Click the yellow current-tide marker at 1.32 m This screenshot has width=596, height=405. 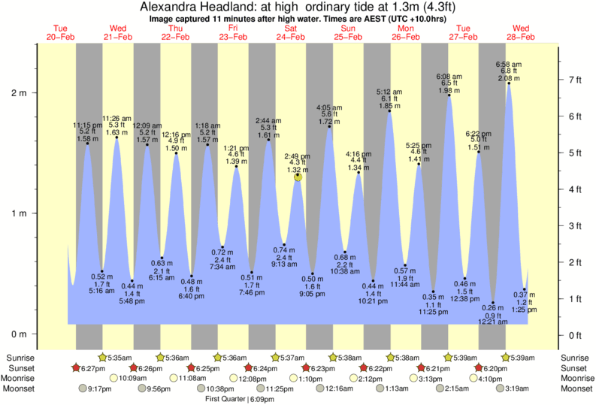coord(298,176)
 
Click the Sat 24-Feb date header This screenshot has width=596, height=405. coord(290,32)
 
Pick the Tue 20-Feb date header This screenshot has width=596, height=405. coord(60,32)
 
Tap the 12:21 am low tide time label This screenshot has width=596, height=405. coord(494,322)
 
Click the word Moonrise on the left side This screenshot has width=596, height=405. coord(23,378)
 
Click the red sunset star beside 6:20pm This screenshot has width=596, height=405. coord(479,368)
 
